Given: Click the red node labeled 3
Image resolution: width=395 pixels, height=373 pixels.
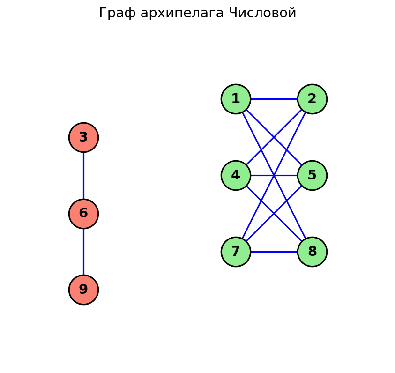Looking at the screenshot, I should [x=83, y=137].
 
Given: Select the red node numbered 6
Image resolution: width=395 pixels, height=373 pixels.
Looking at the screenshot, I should [x=83, y=214].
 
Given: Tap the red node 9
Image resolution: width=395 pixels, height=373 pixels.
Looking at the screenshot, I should [x=83, y=290].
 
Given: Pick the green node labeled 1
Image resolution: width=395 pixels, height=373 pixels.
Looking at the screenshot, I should [x=236, y=99].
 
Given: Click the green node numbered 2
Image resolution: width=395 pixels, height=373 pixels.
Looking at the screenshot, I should [x=312, y=99].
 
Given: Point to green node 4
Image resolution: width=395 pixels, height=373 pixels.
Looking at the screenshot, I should [x=236, y=175].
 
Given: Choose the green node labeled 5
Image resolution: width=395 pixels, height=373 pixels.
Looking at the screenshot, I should [x=312, y=175].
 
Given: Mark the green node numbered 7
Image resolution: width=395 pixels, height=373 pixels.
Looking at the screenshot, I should [x=236, y=252].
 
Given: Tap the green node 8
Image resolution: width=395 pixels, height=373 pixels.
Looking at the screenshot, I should [x=312, y=252].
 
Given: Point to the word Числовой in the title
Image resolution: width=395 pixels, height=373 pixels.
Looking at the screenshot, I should [x=262, y=14].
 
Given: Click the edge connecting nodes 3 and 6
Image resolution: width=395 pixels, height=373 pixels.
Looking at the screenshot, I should [x=83, y=176].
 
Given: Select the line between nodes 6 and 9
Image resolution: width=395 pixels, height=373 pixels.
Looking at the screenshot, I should [x=83, y=252].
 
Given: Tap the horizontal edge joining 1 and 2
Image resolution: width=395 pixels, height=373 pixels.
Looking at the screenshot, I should [x=274, y=99].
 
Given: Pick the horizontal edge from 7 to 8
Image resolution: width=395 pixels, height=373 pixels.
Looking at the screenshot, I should [x=274, y=252].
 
